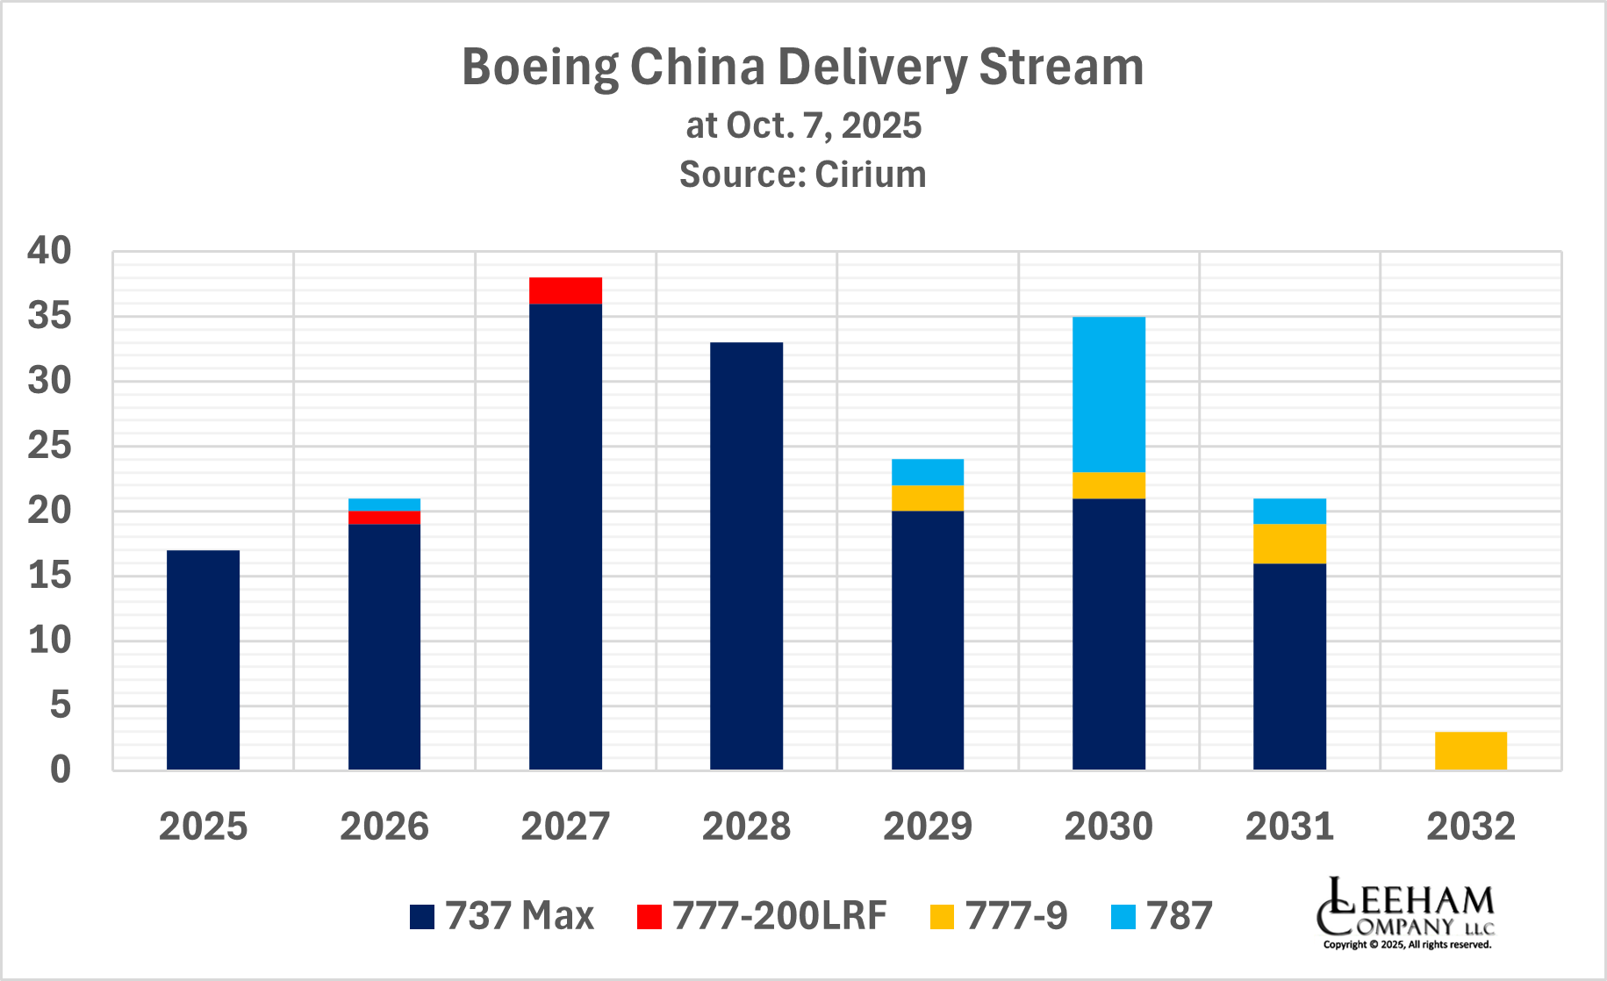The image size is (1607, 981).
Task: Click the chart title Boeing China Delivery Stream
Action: coord(802,67)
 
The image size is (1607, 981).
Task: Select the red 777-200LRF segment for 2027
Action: coord(565,290)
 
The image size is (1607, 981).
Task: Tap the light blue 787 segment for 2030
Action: coord(1108,394)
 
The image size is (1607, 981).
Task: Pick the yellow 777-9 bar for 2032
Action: coord(1470,750)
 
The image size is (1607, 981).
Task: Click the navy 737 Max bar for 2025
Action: coord(203,660)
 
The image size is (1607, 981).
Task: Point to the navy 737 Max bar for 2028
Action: coord(746,556)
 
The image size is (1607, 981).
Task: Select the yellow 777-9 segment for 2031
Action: coord(1289,543)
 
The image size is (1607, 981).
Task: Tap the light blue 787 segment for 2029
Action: coord(928,472)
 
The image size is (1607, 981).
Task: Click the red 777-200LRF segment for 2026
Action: coord(384,518)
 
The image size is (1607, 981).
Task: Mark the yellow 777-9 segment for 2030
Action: coord(1108,485)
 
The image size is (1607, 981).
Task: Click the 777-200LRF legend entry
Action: coord(762,916)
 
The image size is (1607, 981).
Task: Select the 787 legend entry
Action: coord(1161,916)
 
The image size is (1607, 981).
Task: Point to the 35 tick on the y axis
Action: coord(49,316)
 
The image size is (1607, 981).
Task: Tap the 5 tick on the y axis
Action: coord(60,705)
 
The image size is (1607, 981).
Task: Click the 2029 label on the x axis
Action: coord(928,827)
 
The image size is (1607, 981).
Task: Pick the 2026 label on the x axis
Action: coord(384,827)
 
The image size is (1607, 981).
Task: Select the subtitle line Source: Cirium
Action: coord(802,175)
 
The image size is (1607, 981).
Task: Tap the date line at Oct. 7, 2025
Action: coord(802,125)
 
